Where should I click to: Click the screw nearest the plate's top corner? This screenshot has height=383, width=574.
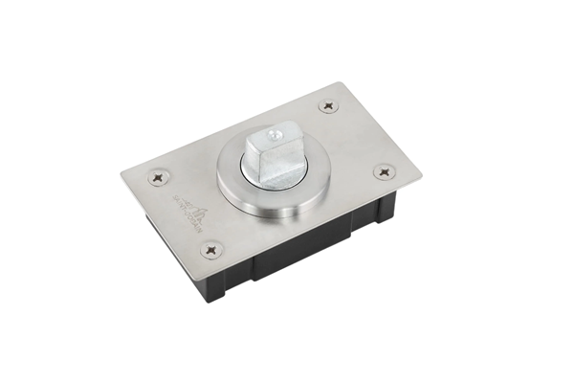[328, 105]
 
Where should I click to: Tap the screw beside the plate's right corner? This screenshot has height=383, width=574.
[385, 172]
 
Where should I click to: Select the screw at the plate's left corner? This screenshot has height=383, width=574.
[156, 177]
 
